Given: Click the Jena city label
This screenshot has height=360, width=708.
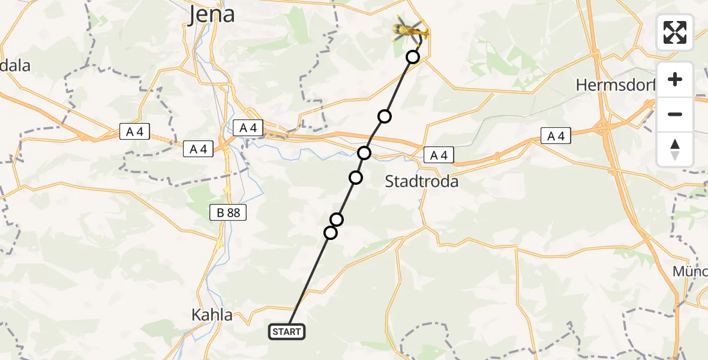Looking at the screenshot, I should coord(212,14).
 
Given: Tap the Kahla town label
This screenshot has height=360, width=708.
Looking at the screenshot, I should coord(211,314).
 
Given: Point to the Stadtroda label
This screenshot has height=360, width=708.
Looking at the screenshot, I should coord(421,181).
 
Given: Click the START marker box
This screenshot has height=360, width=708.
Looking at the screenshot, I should coord(287,332).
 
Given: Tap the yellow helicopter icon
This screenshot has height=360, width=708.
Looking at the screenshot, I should coord(410,29).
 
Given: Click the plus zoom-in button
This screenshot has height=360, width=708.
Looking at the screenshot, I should coord(675,79).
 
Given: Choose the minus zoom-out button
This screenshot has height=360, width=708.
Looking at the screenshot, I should coord(675,114).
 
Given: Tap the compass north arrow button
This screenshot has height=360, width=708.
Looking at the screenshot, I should coord(675,149).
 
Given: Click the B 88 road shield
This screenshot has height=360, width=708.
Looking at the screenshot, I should coord(227,212).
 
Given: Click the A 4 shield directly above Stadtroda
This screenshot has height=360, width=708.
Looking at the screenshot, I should coord(436,155).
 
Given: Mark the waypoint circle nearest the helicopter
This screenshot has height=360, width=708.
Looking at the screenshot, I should coord(413,57).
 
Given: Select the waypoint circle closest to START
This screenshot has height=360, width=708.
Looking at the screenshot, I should coord(331,232).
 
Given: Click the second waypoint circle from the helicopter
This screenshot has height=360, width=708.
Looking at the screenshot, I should coord(385,116).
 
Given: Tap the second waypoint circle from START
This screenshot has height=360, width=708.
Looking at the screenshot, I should coord(337,220).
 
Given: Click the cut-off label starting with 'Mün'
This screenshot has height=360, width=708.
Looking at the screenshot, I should coord(690,271).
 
